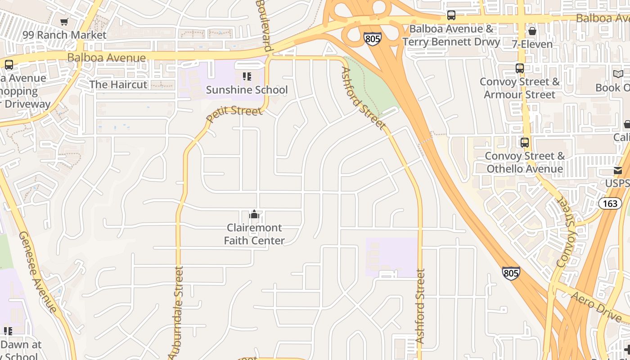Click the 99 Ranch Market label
64,35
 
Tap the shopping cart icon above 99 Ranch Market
64,22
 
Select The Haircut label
118,85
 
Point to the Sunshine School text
247,90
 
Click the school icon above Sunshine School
247,76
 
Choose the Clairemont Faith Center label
254,234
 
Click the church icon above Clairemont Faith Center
254,214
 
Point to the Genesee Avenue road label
38,272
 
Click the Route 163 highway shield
610,203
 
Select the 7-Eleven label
532,44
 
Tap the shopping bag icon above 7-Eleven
532,31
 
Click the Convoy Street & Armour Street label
520,88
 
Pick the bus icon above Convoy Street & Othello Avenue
525,143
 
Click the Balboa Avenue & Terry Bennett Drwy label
451,36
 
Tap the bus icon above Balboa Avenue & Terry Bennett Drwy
451,15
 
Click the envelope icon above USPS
617,171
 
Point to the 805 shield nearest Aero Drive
511,273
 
